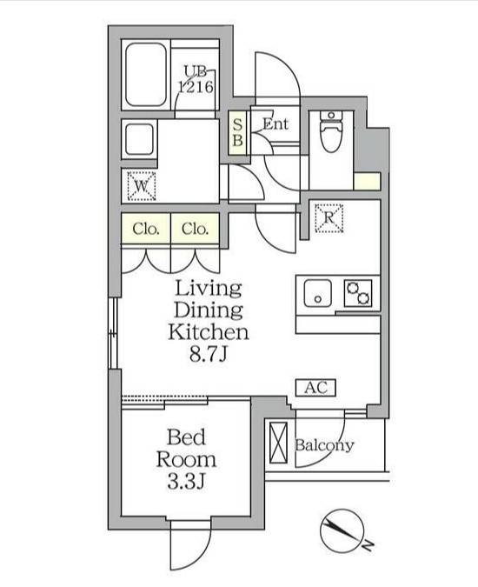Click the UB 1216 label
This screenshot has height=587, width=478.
pyautogui.click(x=196, y=79)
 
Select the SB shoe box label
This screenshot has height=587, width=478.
pyautogui.click(x=237, y=132)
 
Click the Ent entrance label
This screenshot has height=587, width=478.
pyautogui.click(x=275, y=124)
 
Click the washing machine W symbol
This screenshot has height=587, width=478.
pyautogui.click(x=141, y=185)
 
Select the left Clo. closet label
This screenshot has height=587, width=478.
pyautogui.click(x=146, y=230)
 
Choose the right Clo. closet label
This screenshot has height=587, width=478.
pyautogui.click(x=196, y=230)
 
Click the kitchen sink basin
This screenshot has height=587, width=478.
pyautogui.click(x=318, y=293)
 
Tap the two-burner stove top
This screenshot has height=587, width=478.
pyautogui.click(x=358, y=292)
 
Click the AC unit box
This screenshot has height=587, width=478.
pyautogui.click(x=315, y=388)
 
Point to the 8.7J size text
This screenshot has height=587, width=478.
pyautogui.click(x=208, y=354)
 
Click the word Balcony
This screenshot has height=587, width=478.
pyautogui.click(x=324, y=446)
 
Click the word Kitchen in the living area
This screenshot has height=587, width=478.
pyautogui.click(x=208, y=331)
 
